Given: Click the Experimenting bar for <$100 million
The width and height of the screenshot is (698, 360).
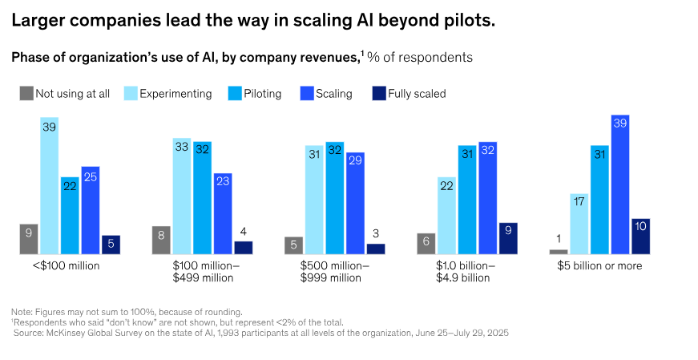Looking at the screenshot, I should pos(50,186).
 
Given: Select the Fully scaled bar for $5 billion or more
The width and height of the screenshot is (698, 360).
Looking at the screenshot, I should pos(640,236).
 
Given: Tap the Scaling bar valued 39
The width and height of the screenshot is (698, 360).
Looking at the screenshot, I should pos(619,184).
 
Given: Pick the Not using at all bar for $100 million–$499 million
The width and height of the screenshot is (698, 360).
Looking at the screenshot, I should pos(161,240).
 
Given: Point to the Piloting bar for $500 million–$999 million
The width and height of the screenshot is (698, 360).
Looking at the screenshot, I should pos(334,198).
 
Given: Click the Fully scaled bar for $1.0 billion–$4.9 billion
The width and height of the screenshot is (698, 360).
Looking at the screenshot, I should pos(508,238).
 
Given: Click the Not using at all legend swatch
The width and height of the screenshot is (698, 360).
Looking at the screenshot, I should pos(27,93).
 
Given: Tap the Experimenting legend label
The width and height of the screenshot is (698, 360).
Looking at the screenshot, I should pos(176,94).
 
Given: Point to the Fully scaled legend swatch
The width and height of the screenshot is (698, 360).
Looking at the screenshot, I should pos(378,93).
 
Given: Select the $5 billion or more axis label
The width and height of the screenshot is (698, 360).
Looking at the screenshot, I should pos(599,265).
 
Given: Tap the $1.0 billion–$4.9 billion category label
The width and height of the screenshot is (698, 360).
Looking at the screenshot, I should pos(466,272).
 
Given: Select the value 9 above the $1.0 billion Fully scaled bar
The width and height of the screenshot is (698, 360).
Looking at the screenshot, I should pos(508,229).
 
